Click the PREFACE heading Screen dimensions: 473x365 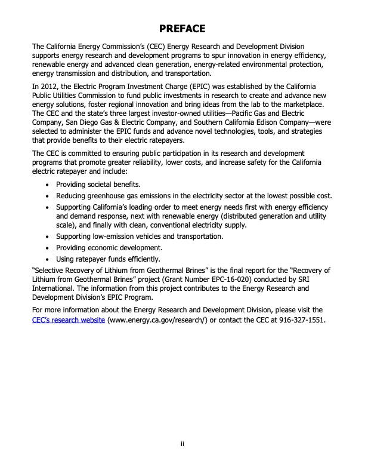pos(182,29)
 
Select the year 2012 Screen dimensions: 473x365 pos(52,87)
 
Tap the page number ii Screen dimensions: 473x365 pos(182,444)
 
